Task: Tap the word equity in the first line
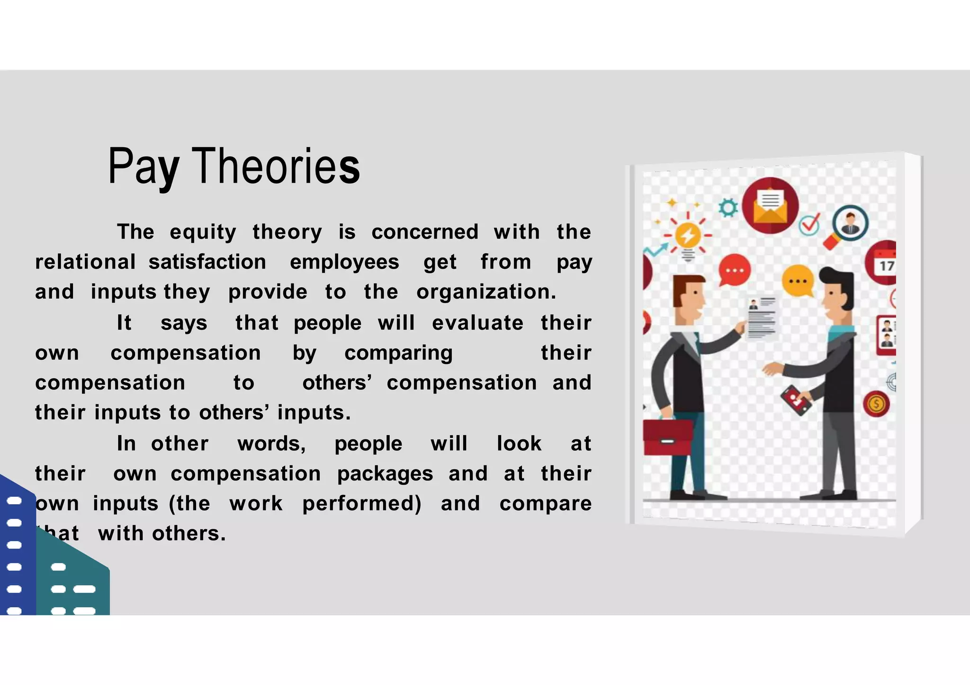(203, 232)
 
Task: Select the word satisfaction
(207, 262)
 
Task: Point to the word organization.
(486, 292)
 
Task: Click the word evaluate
(477, 323)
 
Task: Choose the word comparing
(398, 353)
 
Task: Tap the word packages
(385, 474)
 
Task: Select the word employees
(344, 262)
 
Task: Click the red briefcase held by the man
(667, 437)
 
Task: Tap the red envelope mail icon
(770, 205)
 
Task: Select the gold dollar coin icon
(876, 404)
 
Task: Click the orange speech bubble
(798, 281)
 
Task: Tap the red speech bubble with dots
(735, 270)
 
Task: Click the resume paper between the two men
(761, 318)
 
